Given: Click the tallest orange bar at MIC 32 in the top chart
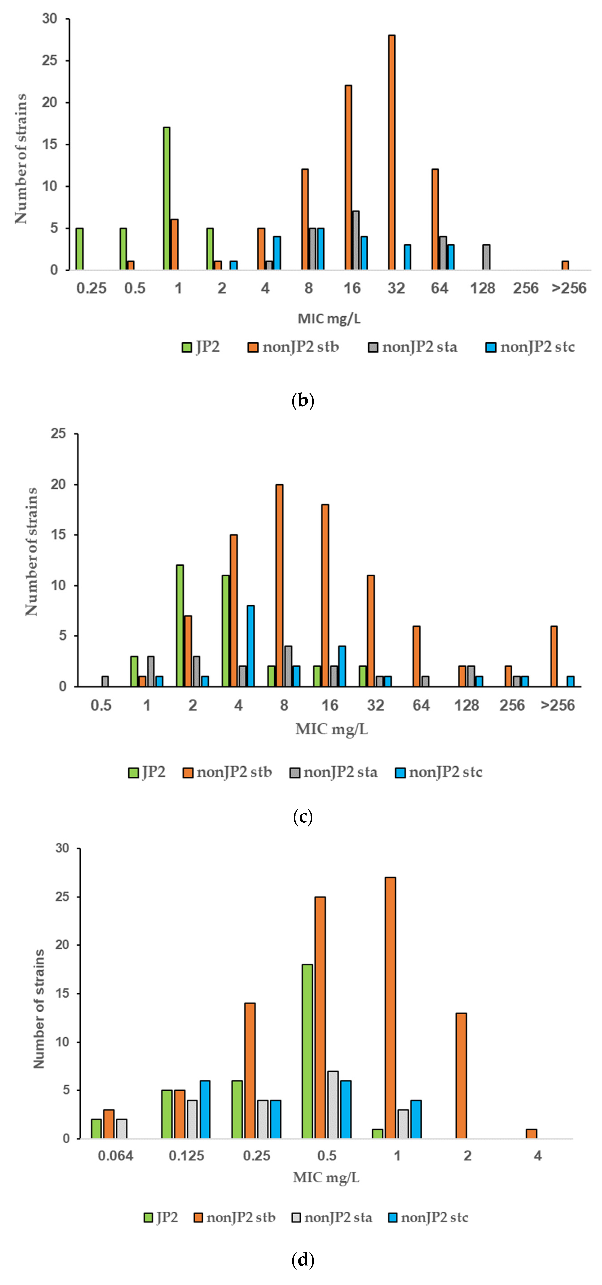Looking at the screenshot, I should [x=391, y=152].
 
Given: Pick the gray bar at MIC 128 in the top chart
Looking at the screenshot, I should [x=486, y=257].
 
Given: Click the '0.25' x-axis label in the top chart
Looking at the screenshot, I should [x=91, y=288].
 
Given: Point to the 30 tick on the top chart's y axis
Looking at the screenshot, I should [x=50, y=19].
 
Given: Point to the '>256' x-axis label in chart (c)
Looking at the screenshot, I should [x=558, y=705].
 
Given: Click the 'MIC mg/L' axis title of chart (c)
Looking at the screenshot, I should [x=331, y=729].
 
